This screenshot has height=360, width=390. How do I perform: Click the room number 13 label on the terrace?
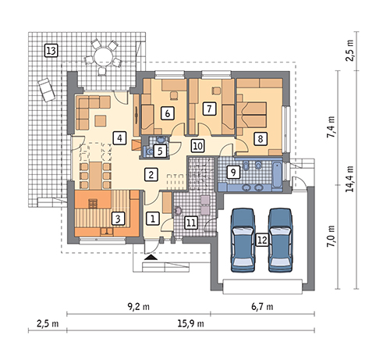click(x=51, y=51)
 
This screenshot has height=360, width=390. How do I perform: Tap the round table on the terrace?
click(x=103, y=56)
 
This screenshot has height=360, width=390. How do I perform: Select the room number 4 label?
click(x=119, y=138)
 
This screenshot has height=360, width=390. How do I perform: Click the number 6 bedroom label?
click(x=168, y=113)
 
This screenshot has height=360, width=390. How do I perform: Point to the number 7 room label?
click(x=209, y=109)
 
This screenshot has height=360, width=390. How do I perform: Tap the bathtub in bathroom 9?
click(x=277, y=173)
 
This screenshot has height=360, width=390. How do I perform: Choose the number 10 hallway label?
click(x=198, y=146)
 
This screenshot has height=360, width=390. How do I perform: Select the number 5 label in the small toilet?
click(x=160, y=151)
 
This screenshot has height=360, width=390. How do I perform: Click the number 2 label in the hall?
click(x=151, y=174)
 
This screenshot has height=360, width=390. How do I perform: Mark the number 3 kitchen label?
click(x=118, y=219)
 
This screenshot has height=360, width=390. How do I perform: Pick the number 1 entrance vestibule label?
click(x=153, y=218)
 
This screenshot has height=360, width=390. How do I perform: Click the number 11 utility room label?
click(x=191, y=223)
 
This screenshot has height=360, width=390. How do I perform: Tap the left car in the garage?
click(x=243, y=240)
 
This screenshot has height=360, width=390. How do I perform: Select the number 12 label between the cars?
click(x=262, y=240)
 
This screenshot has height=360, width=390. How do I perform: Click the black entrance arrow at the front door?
click(x=151, y=258)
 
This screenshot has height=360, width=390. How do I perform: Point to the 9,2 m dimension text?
click(x=138, y=307)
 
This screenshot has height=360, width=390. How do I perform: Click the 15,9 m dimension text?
click(x=190, y=323)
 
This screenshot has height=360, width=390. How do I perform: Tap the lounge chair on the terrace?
click(x=46, y=90)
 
